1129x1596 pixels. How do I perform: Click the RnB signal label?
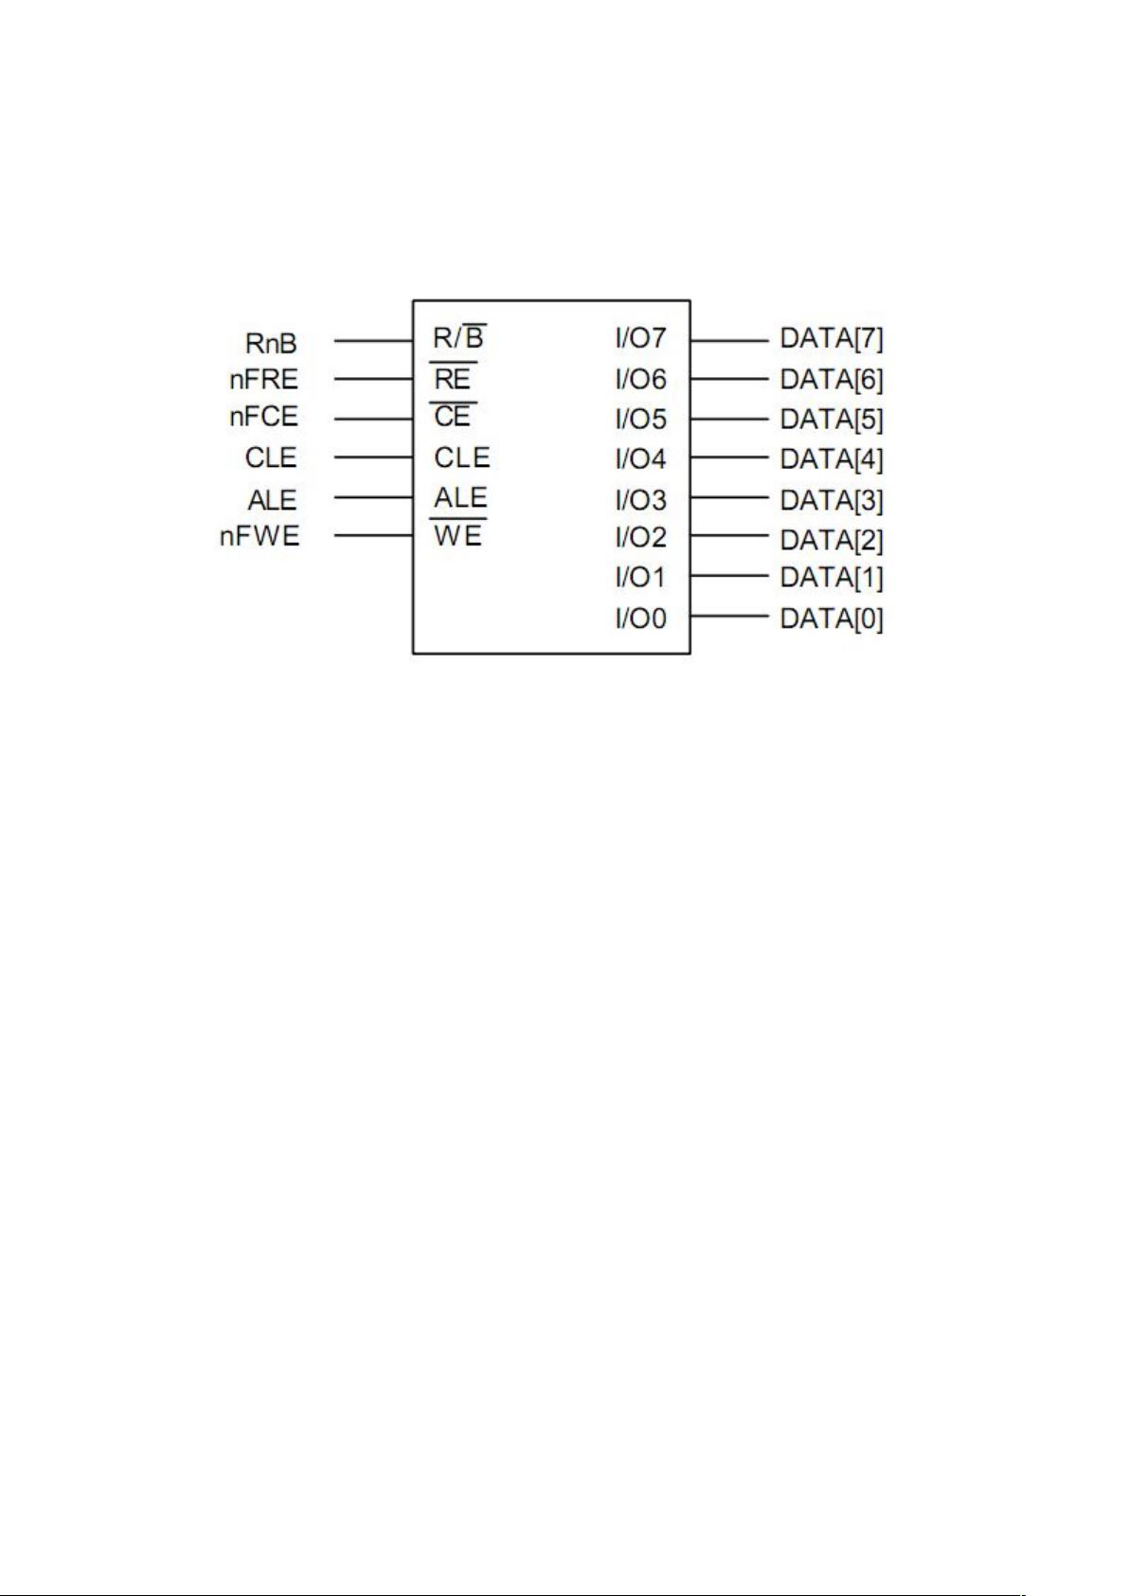click(271, 343)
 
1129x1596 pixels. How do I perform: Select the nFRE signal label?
click(264, 380)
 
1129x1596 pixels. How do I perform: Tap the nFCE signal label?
click(264, 417)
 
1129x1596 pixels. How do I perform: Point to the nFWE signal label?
click(260, 537)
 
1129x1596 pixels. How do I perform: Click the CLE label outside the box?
click(271, 458)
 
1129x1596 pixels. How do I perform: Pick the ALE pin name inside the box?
click(460, 497)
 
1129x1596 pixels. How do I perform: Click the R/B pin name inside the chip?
click(459, 337)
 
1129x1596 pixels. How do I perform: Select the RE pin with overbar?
click(453, 379)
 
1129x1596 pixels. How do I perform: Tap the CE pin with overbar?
click(453, 417)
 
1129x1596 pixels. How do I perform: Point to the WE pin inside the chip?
click(458, 536)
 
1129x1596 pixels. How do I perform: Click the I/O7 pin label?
click(641, 338)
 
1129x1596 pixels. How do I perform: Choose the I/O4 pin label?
click(641, 459)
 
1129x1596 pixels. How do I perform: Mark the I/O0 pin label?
click(641, 619)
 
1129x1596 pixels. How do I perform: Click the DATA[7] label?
click(832, 338)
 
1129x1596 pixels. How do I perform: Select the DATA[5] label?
click(832, 419)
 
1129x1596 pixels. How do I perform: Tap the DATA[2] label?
click(832, 540)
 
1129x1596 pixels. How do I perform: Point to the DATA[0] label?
click(832, 619)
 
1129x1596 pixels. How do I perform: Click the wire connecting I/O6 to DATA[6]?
click(728, 379)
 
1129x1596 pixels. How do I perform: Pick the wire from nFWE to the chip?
click(374, 536)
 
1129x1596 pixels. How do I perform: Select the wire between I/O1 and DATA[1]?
click(728, 575)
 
